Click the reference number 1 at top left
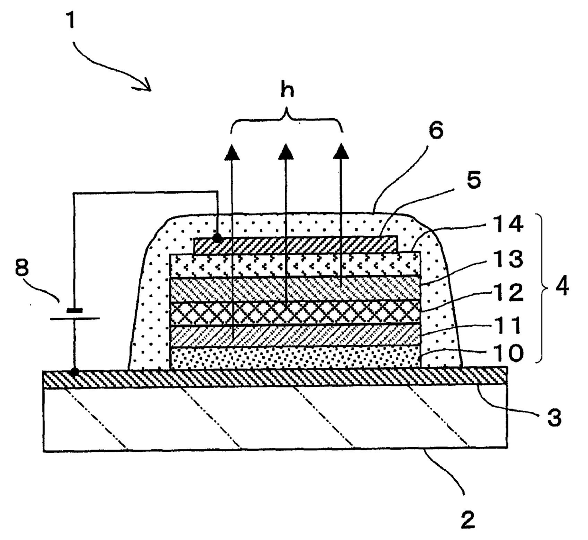pyautogui.click(x=71, y=21)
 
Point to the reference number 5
pyautogui.click(x=473, y=180)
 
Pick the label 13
pyautogui.click(x=507, y=259)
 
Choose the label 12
pyautogui.click(x=507, y=292)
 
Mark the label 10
pyautogui.click(x=507, y=352)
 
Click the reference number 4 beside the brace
pyautogui.click(x=562, y=287)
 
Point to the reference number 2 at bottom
pyautogui.click(x=468, y=520)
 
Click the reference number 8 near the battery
pyautogui.click(x=22, y=269)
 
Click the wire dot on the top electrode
pyautogui.click(x=217, y=238)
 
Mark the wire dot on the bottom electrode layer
pyautogui.click(x=74, y=372)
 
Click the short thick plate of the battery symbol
pyautogui.click(x=74, y=310)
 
